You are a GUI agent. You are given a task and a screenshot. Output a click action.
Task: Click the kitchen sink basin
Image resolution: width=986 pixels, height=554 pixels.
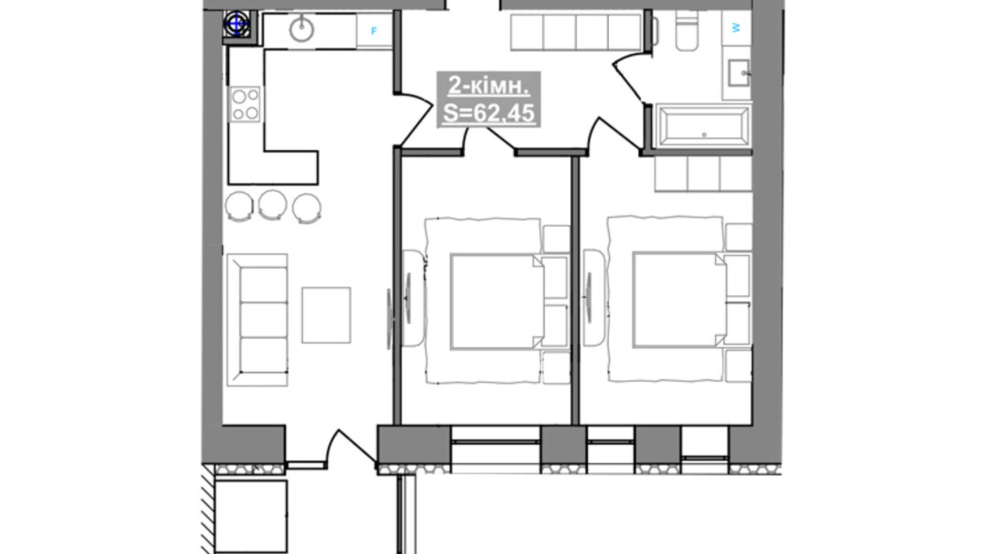(x=301, y=29)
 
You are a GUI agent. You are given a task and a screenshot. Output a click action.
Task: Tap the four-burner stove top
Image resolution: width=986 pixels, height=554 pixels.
(x=245, y=104)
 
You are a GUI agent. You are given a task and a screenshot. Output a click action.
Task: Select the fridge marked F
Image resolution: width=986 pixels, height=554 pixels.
(x=374, y=31)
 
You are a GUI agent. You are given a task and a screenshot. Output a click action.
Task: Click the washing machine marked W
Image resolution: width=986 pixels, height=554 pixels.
(x=736, y=28)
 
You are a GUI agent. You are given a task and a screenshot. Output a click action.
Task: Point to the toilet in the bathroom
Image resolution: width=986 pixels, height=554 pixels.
(x=686, y=30)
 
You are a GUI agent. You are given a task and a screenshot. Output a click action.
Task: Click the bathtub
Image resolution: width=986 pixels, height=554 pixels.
(x=704, y=126)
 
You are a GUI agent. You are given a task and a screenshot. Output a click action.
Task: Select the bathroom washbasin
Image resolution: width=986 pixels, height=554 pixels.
(x=739, y=73)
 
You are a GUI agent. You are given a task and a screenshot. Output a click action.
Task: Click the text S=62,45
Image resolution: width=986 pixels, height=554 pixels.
(x=489, y=113)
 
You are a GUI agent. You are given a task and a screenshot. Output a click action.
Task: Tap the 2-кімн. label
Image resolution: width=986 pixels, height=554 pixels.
(x=489, y=85)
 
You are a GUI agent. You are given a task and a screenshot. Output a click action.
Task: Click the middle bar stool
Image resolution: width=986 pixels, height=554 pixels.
(x=273, y=205)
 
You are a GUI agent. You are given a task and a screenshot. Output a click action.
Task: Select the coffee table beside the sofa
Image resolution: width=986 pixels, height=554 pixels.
(x=326, y=315)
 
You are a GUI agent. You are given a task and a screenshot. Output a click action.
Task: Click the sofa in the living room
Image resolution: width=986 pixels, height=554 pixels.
(x=257, y=320)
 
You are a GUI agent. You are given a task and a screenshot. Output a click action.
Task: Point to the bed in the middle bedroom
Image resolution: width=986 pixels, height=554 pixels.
(x=497, y=302)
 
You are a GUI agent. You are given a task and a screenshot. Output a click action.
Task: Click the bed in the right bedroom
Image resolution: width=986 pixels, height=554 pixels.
(x=680, y=300)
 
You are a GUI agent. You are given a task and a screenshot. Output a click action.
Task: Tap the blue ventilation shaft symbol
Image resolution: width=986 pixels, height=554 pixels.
(x=236, y=24)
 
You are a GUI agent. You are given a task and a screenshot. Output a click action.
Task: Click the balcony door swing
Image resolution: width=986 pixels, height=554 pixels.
(x=352, y=447)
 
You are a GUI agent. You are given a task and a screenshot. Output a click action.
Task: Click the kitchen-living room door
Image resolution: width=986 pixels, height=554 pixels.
(x=416, y=120)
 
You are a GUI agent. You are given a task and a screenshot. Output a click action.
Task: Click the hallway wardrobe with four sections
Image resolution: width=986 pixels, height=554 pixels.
(x=576, y=32)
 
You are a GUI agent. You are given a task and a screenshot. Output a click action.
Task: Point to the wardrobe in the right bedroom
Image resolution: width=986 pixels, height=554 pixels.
(x=703, y=174)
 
